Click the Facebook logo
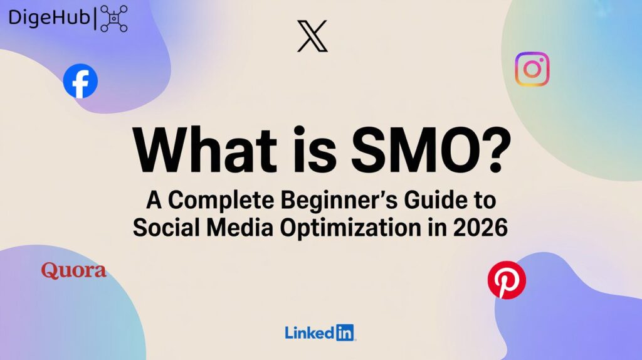[80, 81]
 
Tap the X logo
[312, 36]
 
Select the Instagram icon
[532, 69]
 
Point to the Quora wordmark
[73, 271]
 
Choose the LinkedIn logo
[320, 332]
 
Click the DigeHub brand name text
[49, 18]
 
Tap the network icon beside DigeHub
[114, 18]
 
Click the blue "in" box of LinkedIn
[344, 332]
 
